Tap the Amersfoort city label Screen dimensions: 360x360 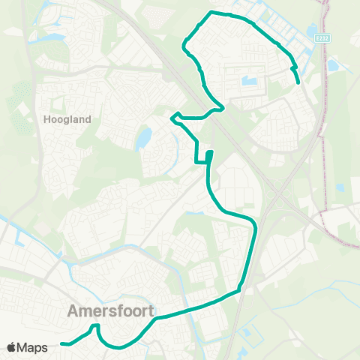click(110, 310)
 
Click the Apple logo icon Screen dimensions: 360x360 click(11, 347)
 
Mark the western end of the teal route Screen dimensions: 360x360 click(61, 344)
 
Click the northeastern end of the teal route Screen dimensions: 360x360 click(298, 82)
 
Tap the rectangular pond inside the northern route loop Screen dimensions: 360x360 click(249, 81)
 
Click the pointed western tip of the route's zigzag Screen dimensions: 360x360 click(173, 116)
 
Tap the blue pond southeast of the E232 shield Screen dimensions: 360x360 click(332, 66)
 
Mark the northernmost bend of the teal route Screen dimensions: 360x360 click(212, 13)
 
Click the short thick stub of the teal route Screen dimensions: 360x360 click(209, 156)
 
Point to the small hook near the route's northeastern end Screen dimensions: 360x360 click(293, 68)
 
